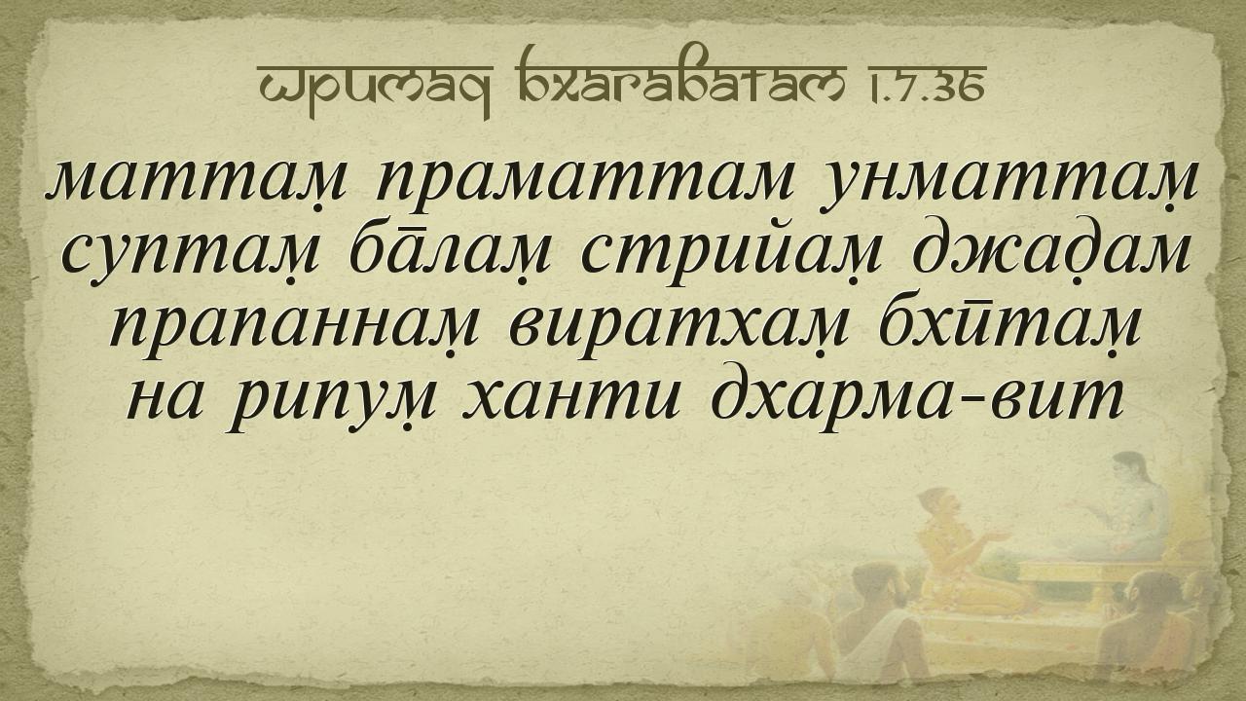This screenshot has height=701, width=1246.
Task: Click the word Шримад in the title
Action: coord(376,85)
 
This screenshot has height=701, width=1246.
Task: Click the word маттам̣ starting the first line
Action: coord(196,182)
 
